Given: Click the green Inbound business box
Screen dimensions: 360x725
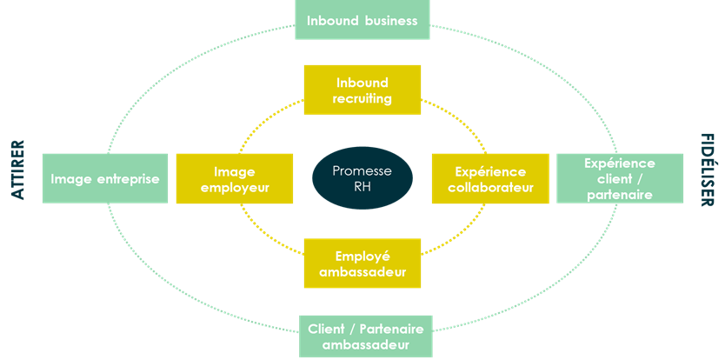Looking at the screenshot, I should [x=362, y=20].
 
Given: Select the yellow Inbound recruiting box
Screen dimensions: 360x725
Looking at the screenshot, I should [x=362, y=90].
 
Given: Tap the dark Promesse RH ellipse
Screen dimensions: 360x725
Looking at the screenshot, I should [x=362, y=178].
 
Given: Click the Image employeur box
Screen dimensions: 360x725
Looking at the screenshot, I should [x=235, y=178].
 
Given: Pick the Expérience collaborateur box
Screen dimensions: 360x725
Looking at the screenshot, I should [x=491, y=178].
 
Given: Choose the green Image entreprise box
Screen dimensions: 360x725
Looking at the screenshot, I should [x=104, y=178].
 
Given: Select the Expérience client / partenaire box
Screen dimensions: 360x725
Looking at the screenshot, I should [x=619, y=178].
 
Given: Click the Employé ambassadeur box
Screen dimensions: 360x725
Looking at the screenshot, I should [x=362, y=263].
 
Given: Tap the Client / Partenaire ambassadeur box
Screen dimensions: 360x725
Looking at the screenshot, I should [x=366, y=337].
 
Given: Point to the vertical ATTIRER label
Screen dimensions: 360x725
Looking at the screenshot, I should [x=18, y=170].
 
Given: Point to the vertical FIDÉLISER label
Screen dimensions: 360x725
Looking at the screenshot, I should [x=707, y=170].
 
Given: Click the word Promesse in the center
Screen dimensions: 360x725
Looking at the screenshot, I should [x=362, y=170].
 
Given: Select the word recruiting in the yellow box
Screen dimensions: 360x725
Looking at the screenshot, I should [x=362, y=98].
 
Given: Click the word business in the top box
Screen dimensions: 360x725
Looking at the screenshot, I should [x=389, y=20].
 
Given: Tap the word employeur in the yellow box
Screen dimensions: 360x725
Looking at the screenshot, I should [x=235, y=187].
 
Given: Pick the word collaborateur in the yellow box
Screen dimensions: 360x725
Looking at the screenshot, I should [x=491, y=187].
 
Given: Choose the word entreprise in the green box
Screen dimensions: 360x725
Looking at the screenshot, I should [x=130, y=178].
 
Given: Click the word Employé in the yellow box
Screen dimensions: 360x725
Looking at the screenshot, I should [x=362, y=256].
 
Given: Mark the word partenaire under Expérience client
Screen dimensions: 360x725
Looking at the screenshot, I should [x=619, y=195].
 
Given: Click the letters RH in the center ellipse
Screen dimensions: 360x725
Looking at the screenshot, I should [x=362, y=186].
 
